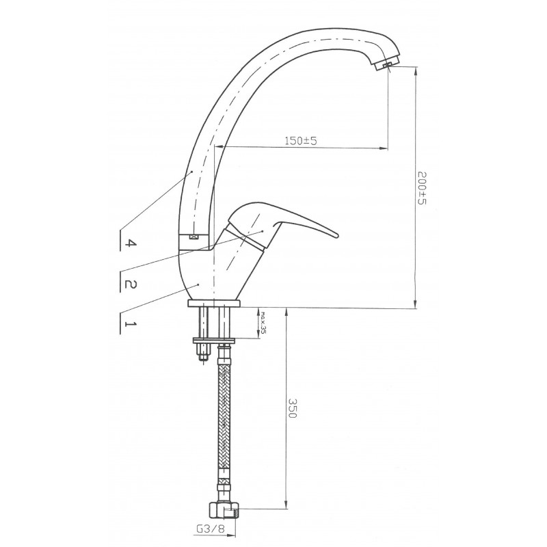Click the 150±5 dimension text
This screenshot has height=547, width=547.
click(x=301, y=141)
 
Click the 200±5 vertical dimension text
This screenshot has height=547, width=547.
click(x=422, y=187)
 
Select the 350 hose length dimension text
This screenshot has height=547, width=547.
click(x=293, y=408)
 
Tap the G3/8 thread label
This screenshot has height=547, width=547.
click(x=209, y=529)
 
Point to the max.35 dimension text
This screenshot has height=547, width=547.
click(x=263, y=323)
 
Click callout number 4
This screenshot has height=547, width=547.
click(x=130, y=243)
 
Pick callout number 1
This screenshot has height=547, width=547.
click(x=130, y=324)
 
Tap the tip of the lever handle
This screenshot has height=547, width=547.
click(x=337, y=235)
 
